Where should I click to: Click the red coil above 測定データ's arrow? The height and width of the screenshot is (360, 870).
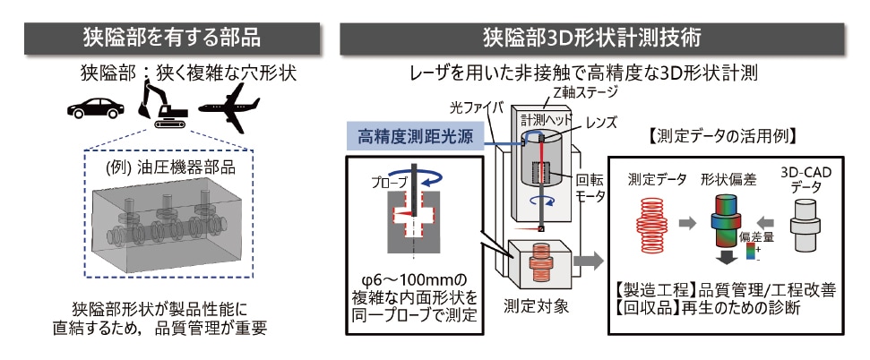[x=652, y=219]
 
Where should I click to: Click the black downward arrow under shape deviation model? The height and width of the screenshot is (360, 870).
[x=721, y=259]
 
